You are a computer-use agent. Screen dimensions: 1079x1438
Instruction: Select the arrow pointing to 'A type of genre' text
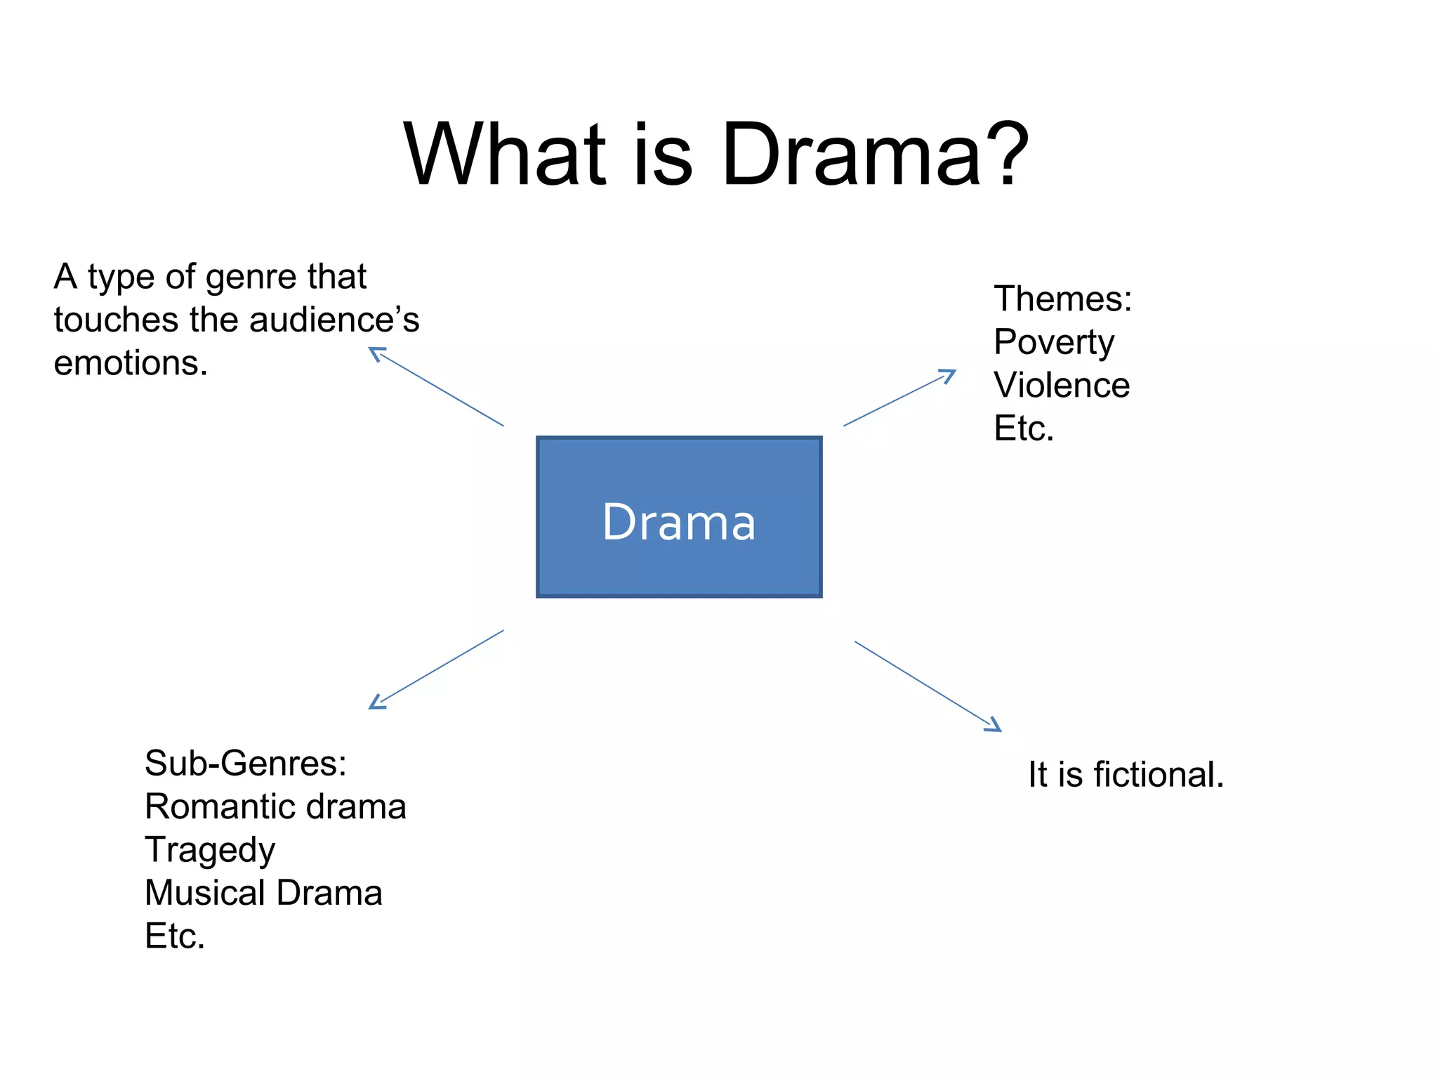[436, 387]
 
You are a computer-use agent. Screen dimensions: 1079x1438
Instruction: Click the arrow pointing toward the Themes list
[899, 398]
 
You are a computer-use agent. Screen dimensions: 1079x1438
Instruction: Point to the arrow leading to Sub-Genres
[436, 669]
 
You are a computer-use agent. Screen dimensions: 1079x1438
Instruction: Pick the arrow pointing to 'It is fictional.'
[928, 686]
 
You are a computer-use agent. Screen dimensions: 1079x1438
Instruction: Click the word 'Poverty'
[1054, 343]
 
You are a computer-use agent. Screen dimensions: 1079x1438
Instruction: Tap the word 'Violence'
[1062, 385]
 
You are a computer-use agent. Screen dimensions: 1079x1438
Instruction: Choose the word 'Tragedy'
[210, 850]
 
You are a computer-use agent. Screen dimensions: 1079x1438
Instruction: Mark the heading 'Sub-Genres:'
[246, 763]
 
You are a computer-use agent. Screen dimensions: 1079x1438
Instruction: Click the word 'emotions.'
[131, 363]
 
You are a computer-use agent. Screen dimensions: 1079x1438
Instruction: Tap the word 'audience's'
[334, 320]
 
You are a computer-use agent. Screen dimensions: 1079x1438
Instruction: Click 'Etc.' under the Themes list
[1024, 428]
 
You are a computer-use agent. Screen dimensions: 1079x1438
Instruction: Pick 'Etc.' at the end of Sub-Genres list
[175, 936]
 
